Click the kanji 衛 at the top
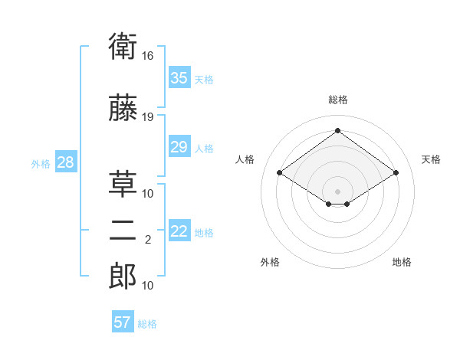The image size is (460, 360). click(123, 46)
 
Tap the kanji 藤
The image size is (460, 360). click(123, 107)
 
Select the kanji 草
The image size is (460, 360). click(123, 184)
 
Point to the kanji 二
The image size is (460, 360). click(123, 231)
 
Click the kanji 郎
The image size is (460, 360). click(123, 276)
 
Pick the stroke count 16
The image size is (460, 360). click(147, 56)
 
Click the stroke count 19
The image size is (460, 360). click(147, 117)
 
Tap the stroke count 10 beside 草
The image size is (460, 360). click(147, 194)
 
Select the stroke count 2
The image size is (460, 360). click(148, 240)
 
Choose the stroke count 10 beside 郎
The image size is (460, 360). click(147, 286)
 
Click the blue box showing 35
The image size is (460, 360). click(179, 77)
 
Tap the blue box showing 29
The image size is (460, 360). click(179, 146)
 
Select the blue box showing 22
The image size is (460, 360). click(179, 230)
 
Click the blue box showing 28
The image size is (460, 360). click(66, 162)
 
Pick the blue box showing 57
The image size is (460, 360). click(123, 321)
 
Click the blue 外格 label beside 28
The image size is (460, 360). click(41, 164)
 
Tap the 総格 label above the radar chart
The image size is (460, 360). click(338, 100)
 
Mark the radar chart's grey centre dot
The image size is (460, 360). click(337, 191)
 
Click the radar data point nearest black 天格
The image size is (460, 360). click(396, 172)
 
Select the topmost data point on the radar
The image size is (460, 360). click(337, 130)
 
